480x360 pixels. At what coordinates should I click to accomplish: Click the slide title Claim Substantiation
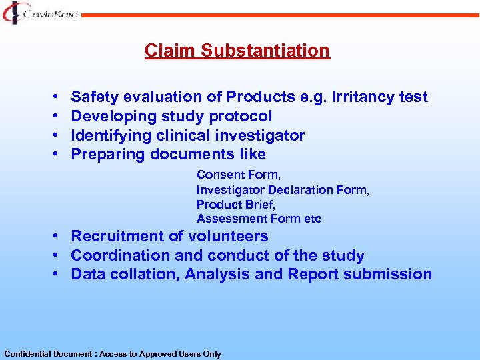point(237,51)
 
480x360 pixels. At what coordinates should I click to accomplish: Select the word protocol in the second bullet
point(241,117)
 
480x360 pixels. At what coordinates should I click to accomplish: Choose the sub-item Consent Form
point(239,175)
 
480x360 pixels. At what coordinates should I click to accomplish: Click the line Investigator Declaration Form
point(283,189)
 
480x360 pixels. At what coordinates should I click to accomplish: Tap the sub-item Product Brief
point(236,204)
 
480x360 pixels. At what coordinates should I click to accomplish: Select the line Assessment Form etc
point(259,219)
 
